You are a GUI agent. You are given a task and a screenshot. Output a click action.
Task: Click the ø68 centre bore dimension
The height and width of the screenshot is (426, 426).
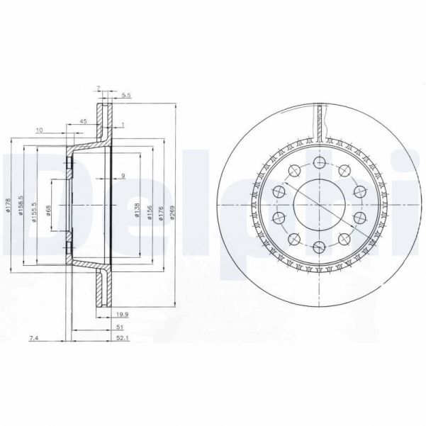tap(49, 211)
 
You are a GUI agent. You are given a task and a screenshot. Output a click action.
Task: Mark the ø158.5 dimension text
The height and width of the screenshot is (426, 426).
tap(22, 206)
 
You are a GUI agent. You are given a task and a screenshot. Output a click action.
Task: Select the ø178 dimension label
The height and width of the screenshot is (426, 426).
tap(9, 206)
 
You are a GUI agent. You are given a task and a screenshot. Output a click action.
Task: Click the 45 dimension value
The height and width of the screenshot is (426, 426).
tap(83, 121)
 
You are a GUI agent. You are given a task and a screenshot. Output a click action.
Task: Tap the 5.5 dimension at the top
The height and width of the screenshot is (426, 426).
tap(126, 94)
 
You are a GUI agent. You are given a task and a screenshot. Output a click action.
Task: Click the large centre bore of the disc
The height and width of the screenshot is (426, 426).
tap(318, 206)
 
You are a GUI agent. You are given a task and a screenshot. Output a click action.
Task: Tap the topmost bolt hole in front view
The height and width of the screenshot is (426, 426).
tap(318, 164)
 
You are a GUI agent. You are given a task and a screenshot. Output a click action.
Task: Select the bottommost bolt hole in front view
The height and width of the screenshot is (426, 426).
tap(318, 247)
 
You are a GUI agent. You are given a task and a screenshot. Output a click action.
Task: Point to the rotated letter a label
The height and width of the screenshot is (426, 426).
tap(123, 176)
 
